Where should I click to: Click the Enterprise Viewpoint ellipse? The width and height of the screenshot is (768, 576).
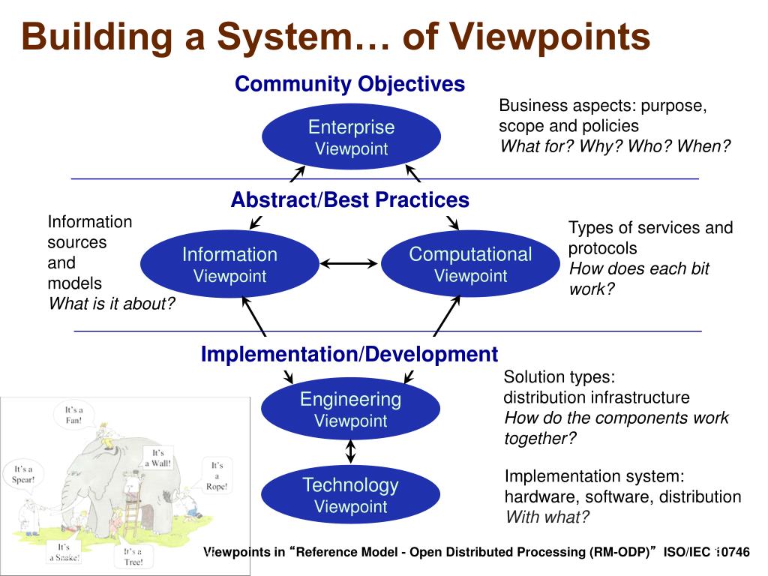(x=351, y=136)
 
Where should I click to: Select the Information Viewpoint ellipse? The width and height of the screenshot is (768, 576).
(x=229, y=264)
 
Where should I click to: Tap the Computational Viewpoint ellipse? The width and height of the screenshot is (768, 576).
(x=470, y=264)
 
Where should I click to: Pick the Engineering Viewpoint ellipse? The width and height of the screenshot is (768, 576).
(x=350, y=409)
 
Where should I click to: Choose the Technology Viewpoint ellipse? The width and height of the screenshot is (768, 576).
(x=350, y=494)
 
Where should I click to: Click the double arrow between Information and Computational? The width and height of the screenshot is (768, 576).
(x=350, y=263)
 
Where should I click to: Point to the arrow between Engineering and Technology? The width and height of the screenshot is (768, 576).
(x=350, y=451)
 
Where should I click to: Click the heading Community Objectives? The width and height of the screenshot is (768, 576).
(x=349, y=84)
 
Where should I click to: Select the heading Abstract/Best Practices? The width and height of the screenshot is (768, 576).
(x=349, y=200)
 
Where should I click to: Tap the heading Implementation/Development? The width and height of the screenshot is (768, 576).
(x=349, y=354)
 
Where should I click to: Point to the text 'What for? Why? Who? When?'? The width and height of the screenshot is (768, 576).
(x=615, y=146)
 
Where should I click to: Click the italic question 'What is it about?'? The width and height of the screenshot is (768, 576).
(x=112, y=304)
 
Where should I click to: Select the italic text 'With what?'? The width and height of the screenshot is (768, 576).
(x=547, y=517)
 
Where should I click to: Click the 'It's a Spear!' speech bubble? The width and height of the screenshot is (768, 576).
(x=23, y=475)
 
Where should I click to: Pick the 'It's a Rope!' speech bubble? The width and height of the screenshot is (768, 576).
(x=217, y=475)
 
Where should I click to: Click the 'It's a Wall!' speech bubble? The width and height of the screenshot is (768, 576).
(x=158, y=457)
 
